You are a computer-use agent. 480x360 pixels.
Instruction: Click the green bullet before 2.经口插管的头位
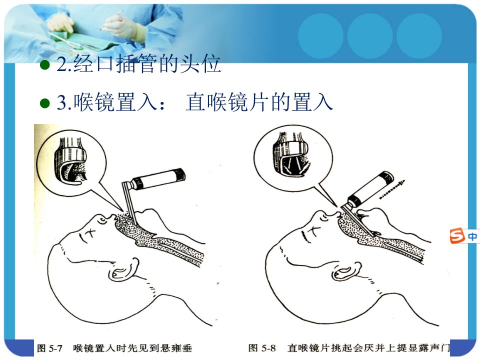(x=45, y=64)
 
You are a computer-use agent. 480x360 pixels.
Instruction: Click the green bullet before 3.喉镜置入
(x=45, y=103)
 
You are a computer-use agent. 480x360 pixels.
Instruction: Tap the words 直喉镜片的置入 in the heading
(x=259, y=102)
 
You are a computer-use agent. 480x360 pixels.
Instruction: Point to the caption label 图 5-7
(x=49, y=348)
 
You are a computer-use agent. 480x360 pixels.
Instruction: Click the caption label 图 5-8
(x=261, y=348)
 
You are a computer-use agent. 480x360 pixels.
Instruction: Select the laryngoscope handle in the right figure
(x=371, y=188)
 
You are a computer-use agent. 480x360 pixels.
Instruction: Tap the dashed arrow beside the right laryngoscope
(x=392, y=190)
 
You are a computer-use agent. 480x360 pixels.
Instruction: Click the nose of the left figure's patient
(x=102, y=218)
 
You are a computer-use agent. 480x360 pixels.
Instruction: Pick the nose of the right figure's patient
(x=323, y=215)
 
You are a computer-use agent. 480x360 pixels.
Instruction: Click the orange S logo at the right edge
(x=456, y=236)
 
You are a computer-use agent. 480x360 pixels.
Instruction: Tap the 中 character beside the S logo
(x=472, y=236)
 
